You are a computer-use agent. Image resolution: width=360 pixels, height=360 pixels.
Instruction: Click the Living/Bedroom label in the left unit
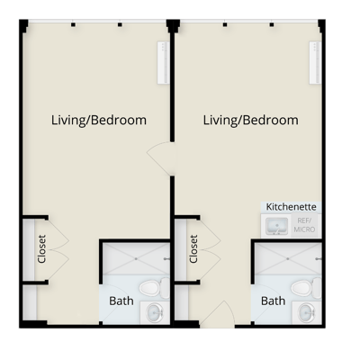(99, 120)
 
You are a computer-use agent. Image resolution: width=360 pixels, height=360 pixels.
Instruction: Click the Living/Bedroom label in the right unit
(251, 120)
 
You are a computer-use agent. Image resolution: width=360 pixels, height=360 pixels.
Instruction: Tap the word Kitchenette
(291, 205)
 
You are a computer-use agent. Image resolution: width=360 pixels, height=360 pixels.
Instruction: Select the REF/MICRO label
(303, 227)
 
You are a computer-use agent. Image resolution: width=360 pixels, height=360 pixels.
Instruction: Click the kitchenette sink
(275, 226)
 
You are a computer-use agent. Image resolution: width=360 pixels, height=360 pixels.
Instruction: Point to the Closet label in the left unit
(41, 248)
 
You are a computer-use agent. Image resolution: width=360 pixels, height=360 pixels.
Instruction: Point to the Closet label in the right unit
(193, 249)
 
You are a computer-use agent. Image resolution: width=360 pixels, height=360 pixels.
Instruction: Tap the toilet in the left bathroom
(155, 288)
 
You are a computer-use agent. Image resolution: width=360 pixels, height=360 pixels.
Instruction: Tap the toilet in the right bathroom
(307, 288)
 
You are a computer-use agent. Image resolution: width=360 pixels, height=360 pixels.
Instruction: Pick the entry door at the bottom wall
(217, 314)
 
